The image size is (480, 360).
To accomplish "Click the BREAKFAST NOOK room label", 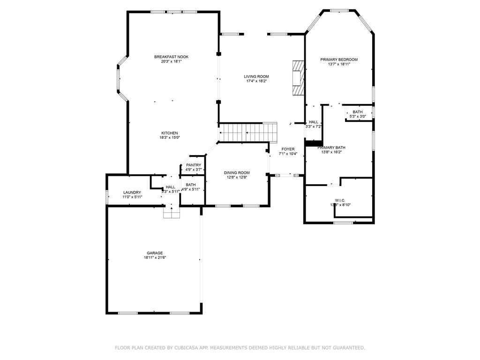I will click(171, 57).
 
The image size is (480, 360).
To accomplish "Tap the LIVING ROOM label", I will click(256, 76).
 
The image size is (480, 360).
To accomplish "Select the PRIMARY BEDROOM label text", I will click(339, 60).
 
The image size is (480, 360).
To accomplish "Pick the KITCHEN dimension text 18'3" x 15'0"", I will click(170, 138).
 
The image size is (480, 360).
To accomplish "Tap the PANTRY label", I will click(194, 165).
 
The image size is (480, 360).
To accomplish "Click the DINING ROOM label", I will click(238, 172).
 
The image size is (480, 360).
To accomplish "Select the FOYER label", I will click(288, 149).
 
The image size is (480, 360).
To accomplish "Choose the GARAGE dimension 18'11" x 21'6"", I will click(155, 257).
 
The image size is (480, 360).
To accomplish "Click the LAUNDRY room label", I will click(132, 192).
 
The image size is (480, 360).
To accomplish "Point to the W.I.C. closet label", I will click(340, 200).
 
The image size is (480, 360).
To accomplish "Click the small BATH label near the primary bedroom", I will click(358, 112).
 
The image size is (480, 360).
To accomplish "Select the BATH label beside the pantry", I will click(191, 185).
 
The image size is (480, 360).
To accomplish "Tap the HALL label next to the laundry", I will click(170, 187).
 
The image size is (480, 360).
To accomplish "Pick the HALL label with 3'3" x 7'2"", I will click(313, 122).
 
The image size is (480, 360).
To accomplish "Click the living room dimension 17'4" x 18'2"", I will click(256, 81).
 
